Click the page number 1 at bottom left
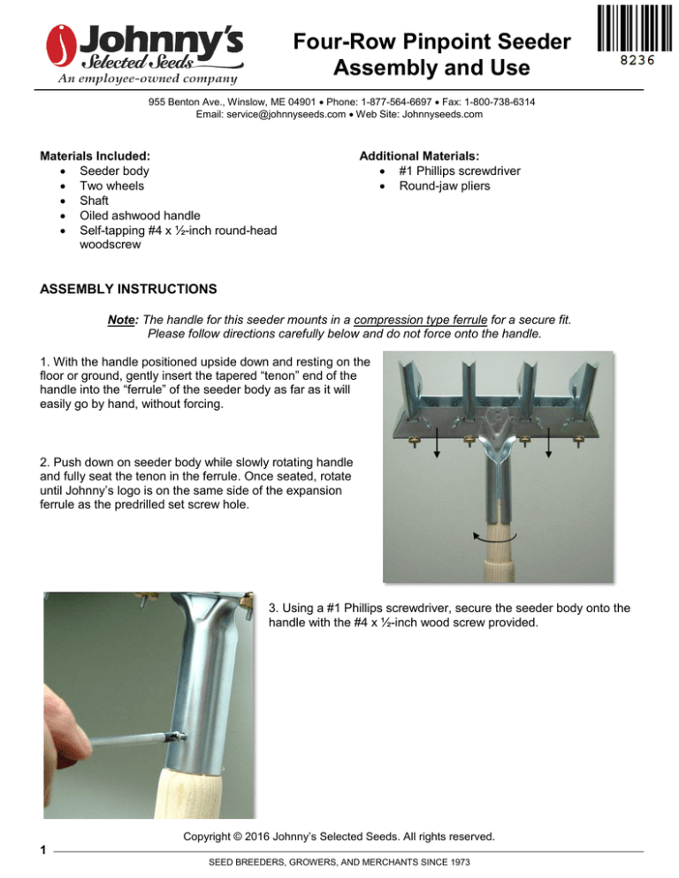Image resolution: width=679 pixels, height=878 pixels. (x=42, y=851)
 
